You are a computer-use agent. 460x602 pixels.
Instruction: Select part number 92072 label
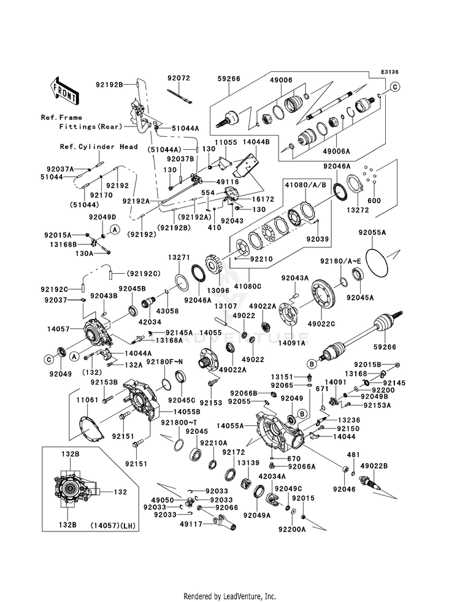(178, 78)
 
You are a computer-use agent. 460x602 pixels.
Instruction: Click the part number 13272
(358, 210)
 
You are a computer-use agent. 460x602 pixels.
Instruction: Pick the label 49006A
(337, 152)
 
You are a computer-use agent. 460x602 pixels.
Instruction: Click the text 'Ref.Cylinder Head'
(99, 147)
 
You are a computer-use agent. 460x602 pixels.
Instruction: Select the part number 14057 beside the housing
(58, 329)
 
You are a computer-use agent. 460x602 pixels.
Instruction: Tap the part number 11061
(87, 401)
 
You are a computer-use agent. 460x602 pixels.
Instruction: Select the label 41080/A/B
(305, 185)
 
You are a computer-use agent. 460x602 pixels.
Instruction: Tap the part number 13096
(218, 291)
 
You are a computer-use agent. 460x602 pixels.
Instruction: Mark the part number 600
(374, 201)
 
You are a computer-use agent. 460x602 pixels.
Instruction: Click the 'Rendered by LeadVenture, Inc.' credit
(230, 596)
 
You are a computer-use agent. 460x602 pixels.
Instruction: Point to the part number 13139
(248, 463)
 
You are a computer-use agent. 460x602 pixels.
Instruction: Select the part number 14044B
(256, 142)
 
